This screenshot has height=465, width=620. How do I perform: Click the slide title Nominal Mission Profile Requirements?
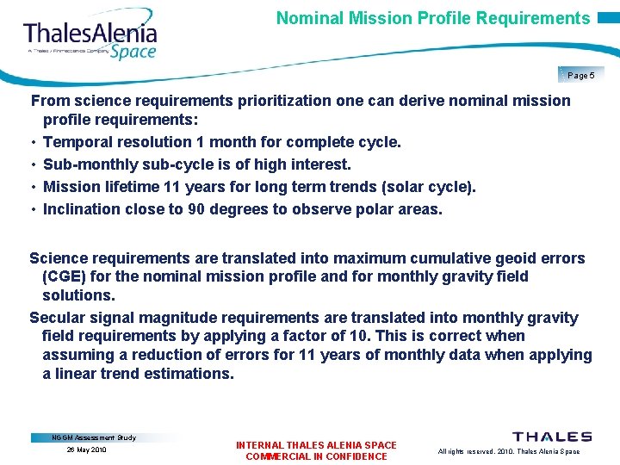[433, 18]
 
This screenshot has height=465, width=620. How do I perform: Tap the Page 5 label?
[581, 76]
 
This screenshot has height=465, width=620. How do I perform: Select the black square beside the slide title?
[606, 18]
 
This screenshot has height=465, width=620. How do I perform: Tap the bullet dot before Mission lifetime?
[33, 187]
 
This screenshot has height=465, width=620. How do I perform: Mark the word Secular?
[58, 318]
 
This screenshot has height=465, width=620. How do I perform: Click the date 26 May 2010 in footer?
[86, 449]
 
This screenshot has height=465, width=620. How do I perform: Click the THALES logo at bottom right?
[552, 437]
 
